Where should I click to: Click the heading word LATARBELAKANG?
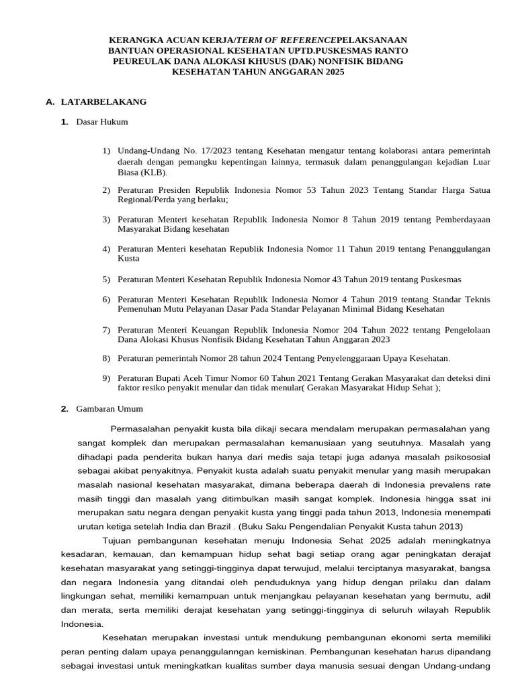pyautogui.click(x=103, y=102)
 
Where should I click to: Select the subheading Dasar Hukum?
pyautogui.click(x=102, y=122)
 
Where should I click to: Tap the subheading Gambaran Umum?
pyautogui.click(x=110, y=408)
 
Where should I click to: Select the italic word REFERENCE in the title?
pyautogui.click(x=303, y=40)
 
